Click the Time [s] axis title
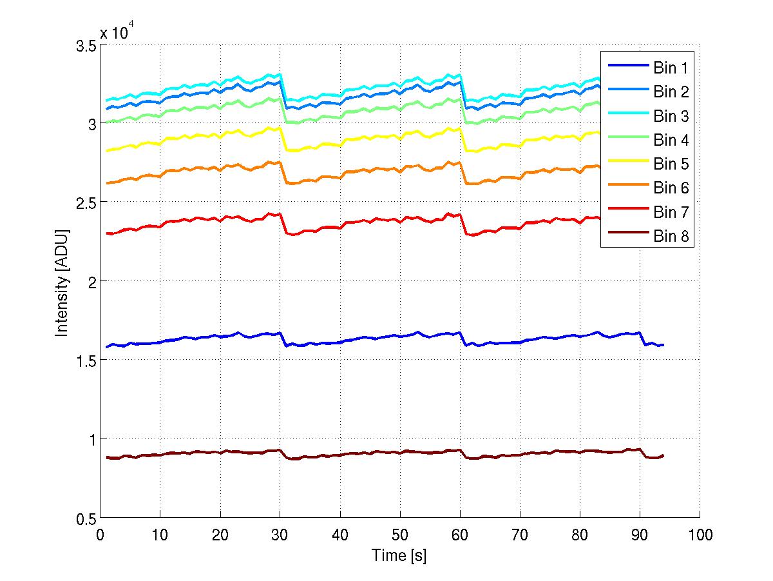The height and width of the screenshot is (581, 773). (399, 554)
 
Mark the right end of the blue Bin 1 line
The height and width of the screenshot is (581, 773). (663, 345)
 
